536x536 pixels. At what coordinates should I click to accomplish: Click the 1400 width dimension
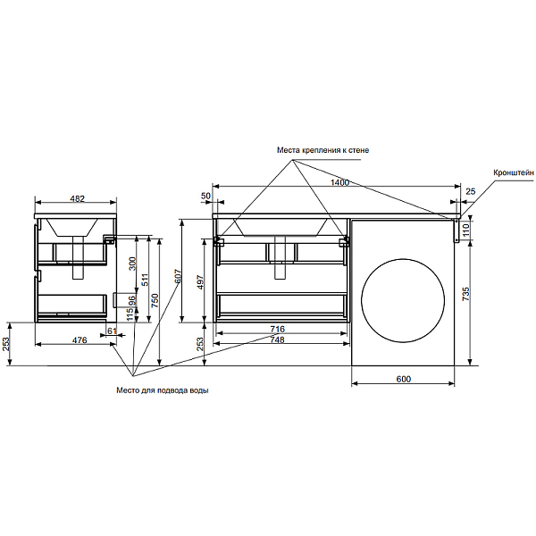339,182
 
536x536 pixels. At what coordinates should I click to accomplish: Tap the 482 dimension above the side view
77,198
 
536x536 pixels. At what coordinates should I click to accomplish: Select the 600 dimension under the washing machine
404,379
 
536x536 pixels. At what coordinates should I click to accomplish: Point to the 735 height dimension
465,294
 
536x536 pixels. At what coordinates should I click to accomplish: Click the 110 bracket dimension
465,230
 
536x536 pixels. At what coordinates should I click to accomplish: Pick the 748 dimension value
277,339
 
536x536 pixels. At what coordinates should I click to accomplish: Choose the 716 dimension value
277,329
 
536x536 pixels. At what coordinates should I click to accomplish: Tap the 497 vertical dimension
200,281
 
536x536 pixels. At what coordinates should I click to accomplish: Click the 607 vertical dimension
178,277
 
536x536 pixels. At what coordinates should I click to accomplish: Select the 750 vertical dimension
155,300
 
